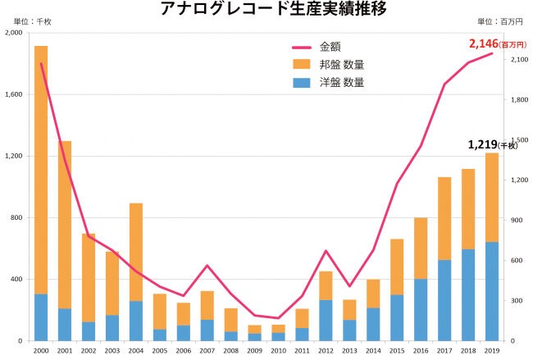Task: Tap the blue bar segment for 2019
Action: point(491,291)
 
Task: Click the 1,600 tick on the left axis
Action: point(13,95)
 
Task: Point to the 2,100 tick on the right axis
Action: point(518,60)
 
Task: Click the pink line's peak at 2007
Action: point(207,265)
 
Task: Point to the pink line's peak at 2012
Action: point(326,251)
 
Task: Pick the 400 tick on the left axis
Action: point(16,280)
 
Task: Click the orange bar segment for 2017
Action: point(444,218)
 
